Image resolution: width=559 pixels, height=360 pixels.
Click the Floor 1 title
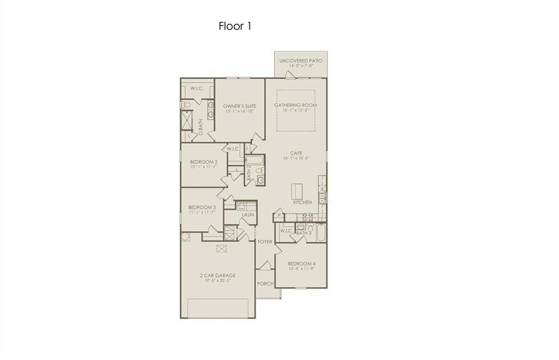tap(235, 26)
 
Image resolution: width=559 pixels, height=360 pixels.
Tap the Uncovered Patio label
tap(300, 61)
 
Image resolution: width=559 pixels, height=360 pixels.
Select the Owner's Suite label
tap(240, 106)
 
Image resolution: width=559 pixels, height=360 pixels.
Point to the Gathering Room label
tap(295, 105)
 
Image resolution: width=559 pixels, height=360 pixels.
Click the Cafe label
tap(296, 153)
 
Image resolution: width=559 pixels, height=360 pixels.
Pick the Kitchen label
tap(302, 202)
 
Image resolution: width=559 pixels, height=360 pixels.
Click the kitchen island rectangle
tap(296, 191)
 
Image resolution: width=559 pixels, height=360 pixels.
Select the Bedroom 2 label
tap(204, 162)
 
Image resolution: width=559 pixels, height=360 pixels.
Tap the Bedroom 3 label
tap(202, 207)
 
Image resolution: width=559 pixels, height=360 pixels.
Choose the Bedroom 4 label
tap(302, 265)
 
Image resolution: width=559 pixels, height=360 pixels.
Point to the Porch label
tap(265, 284)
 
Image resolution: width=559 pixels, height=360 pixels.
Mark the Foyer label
tap(265, 242)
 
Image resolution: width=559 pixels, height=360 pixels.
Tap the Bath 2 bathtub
tap(254, 161)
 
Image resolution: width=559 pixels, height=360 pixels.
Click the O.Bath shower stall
tap(188, 118)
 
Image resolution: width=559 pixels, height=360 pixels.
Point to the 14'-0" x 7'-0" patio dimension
tap(300, 66)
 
